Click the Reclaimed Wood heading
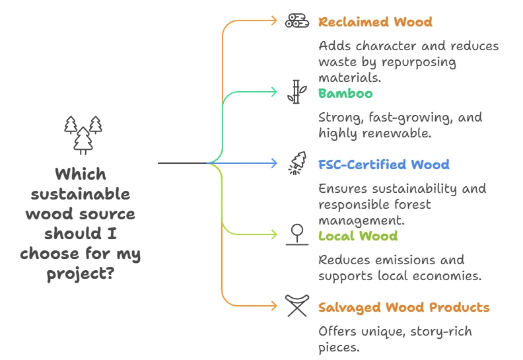click(x=375, y=22)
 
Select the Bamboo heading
click(x=345, y=93)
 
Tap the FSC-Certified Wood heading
click(x=384, y=164)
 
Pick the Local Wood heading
click(x=357, y=236)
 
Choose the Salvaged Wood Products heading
click(x=403, y=307)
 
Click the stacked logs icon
click(x=297, y=21)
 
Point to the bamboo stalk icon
click(x=296, y=92)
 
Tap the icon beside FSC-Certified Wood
click(x=297, y=164)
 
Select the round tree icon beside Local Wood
click(x=297, y=234)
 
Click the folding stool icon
click(x=297, y=306)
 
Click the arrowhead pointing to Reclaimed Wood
click(x=275, y=21)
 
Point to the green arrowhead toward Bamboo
click(x=275, y=92)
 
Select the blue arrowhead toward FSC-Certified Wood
click(x=275, y=163)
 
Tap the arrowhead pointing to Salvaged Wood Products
click(x=275, y=306)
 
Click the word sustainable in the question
click(x=81, y=194)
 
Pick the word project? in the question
click(x=81, y=273)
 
